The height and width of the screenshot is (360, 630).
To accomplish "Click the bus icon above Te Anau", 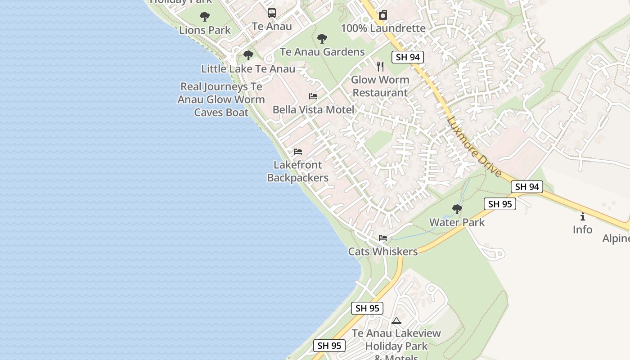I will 272,13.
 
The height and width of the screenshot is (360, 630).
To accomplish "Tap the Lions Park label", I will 205,30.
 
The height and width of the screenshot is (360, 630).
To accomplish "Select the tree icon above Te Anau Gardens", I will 322,39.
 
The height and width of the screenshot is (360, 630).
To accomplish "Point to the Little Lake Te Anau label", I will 248,69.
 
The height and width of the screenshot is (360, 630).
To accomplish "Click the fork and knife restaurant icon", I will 380,67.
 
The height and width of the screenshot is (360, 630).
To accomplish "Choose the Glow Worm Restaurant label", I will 380,86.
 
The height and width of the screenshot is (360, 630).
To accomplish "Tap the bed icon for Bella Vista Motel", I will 313,96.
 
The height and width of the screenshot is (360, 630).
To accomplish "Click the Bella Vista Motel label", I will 313,109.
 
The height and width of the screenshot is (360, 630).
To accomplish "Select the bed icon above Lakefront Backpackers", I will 298,152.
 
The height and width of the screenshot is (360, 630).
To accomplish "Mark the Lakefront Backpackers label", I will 298,171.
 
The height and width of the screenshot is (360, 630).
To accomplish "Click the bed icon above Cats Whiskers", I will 383,238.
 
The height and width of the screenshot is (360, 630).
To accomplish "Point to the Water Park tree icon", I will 457,209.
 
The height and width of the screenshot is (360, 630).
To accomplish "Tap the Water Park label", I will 457,222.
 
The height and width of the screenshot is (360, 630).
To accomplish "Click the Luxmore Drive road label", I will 474,147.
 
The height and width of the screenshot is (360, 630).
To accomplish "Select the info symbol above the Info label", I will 583,216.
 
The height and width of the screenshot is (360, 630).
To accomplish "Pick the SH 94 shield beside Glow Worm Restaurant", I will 408,57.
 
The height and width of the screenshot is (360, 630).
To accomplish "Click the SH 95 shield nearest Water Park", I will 500,204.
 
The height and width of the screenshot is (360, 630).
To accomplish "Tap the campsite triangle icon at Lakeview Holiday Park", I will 396,320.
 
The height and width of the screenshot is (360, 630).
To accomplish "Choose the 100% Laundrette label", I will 383,28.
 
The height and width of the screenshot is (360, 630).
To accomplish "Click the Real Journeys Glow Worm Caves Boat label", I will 221,99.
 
